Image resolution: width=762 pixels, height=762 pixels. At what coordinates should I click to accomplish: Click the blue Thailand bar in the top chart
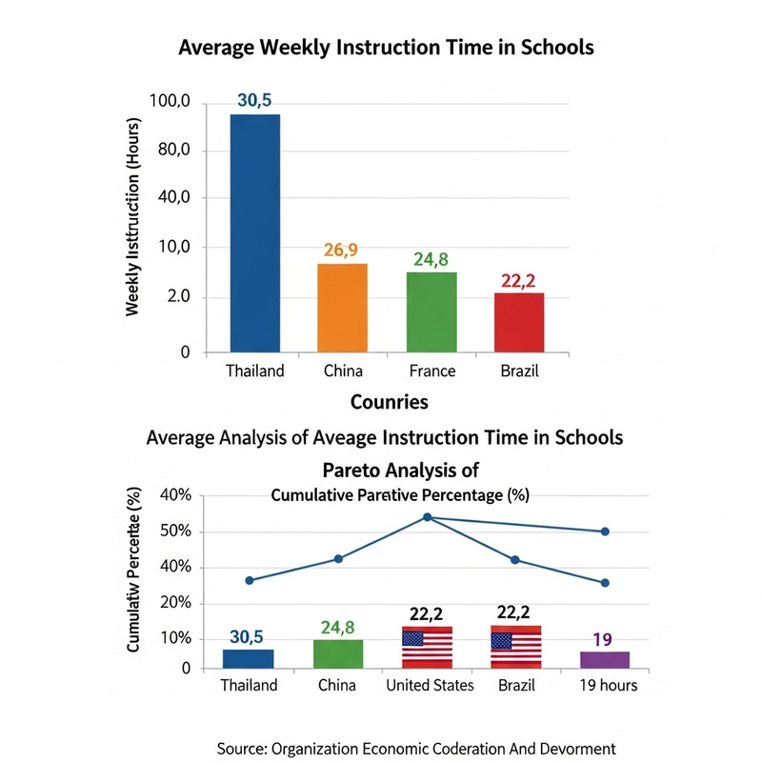(254, 233)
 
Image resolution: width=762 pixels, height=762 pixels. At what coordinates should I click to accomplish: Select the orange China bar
(342, 308)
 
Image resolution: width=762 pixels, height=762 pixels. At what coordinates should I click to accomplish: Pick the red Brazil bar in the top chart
(519, 322)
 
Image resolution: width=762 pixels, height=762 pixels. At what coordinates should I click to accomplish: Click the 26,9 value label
(342, 251)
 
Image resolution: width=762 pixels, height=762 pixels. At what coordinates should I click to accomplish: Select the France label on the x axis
(431, 371)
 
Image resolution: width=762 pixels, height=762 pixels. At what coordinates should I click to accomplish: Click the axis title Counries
(389, 401)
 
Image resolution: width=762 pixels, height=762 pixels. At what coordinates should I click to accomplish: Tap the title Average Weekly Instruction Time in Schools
(387, 48)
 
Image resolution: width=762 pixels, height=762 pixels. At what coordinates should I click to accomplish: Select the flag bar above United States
(427, 647)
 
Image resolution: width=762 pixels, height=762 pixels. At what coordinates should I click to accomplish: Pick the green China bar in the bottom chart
(338, 653)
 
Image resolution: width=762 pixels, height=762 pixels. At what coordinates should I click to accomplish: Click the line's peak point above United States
(427, 517)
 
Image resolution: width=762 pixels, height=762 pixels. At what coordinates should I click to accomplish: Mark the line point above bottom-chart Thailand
(250, 580)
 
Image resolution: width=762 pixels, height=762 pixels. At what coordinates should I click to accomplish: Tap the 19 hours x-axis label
(602, 685)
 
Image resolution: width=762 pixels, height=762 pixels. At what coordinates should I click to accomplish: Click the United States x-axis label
(429, 685)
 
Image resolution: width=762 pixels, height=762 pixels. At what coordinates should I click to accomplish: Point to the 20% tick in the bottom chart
(174, 603)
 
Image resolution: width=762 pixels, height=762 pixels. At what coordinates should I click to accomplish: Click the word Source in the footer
(243, 748)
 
